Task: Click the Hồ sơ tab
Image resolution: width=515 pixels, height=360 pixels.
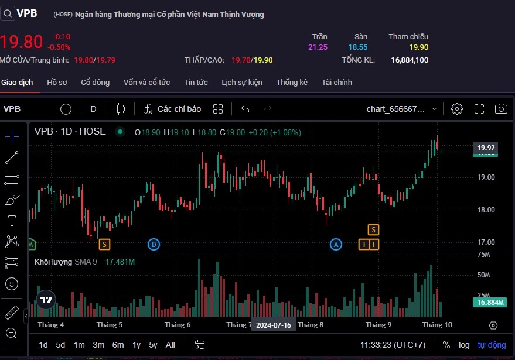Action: point(57,82)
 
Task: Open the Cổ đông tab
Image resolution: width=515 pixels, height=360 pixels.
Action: point(95,82)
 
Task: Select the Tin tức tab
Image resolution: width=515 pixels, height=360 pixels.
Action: point(196,82)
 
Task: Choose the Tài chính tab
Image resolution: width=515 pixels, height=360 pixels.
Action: point(337,82)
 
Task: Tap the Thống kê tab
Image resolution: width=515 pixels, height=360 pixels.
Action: point(292,82)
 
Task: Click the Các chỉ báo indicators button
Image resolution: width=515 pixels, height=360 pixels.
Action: point(173,109)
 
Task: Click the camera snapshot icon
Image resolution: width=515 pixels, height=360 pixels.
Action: point(501,109)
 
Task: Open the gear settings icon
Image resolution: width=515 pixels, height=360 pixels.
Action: point(457,109)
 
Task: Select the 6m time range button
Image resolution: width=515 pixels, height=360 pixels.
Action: point(118,345)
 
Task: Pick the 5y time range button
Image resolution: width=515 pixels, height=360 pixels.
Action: point(153,345)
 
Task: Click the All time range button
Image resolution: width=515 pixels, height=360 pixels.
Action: point(170,345)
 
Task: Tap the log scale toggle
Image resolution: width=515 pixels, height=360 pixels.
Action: point(464,345)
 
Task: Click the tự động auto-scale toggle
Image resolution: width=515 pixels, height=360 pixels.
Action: point(492,345)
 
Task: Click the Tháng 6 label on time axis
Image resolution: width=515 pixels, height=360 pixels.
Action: point(178,325)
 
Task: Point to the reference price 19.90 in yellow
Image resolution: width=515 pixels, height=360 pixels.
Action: point(419,47)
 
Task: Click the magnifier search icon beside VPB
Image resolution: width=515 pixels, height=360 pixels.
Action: point(8,13)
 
